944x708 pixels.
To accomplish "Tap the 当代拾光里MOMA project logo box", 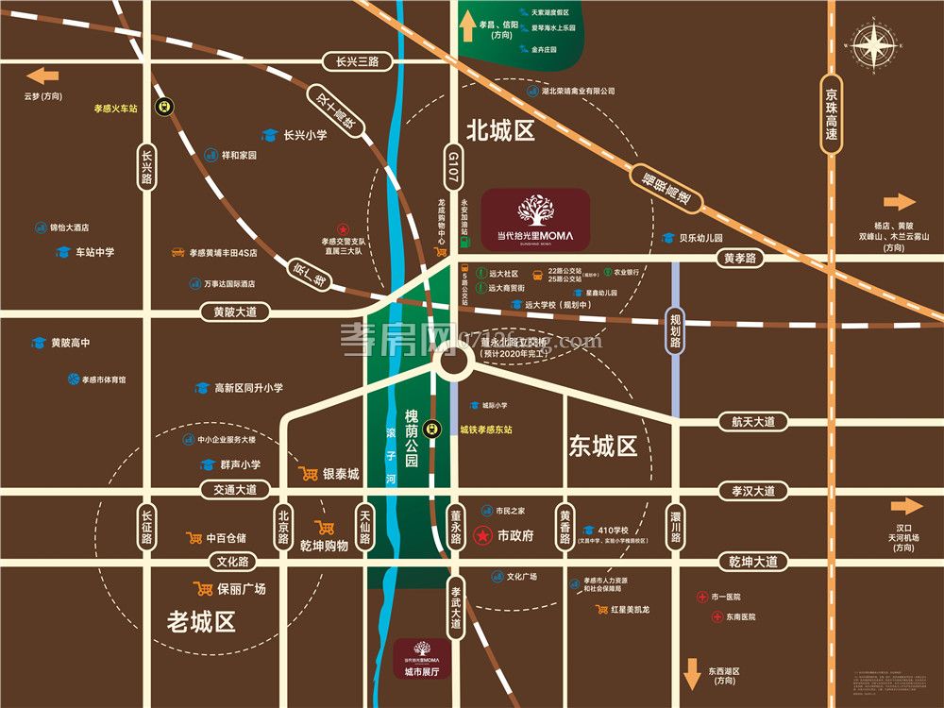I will pos(535,219).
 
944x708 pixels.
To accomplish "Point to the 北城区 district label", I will pos(500,130).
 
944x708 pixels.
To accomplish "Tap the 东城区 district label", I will pos(603,447).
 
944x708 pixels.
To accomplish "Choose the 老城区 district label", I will pos(200,622).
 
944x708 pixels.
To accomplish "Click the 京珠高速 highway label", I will pos(831,115).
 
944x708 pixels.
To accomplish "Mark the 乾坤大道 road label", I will pos(752,562).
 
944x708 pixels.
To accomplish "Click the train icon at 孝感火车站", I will pos(165,108).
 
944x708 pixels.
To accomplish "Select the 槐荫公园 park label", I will pos(411,438).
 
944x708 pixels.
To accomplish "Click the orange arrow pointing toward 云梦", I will pos(42,76).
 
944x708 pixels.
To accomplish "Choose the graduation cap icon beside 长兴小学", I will pos(268,135).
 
